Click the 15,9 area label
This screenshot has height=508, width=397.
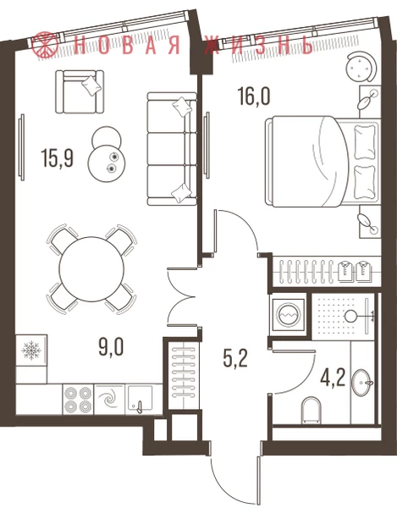[58, 157]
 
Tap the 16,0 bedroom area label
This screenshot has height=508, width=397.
[254, 97]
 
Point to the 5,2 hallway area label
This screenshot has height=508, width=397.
[235, 359]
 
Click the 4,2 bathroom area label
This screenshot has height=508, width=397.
[333, 378]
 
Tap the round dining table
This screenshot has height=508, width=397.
[91, 269]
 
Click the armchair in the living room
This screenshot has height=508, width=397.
[80, 91]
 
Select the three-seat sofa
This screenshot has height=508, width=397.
[172, 149]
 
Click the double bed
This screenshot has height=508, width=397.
[323, 162]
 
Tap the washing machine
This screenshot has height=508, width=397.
[289, 314]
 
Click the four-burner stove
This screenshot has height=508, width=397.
[78, 399]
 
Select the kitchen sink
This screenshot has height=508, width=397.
[140, 399]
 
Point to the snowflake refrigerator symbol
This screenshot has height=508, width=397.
[31, 351]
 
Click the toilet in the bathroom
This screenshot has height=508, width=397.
[311, 411]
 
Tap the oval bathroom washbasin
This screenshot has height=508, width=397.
[361, 383]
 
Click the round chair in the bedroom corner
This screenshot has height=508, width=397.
[361, 68]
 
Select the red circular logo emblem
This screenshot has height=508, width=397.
[45, 46]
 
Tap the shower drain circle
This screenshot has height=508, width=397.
[350, 316]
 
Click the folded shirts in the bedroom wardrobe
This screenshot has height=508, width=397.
[355, 271]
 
